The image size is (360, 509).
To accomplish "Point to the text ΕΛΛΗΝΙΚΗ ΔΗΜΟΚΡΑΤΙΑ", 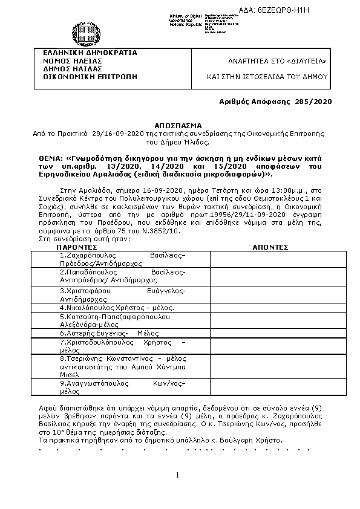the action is point(86,53).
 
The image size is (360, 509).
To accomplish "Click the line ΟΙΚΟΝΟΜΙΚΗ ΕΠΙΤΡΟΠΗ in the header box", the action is point(86,77).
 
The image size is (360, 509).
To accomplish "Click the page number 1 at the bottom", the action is point(178,476).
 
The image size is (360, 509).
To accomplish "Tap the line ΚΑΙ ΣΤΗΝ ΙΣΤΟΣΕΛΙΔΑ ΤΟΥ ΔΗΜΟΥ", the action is point(267,77).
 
